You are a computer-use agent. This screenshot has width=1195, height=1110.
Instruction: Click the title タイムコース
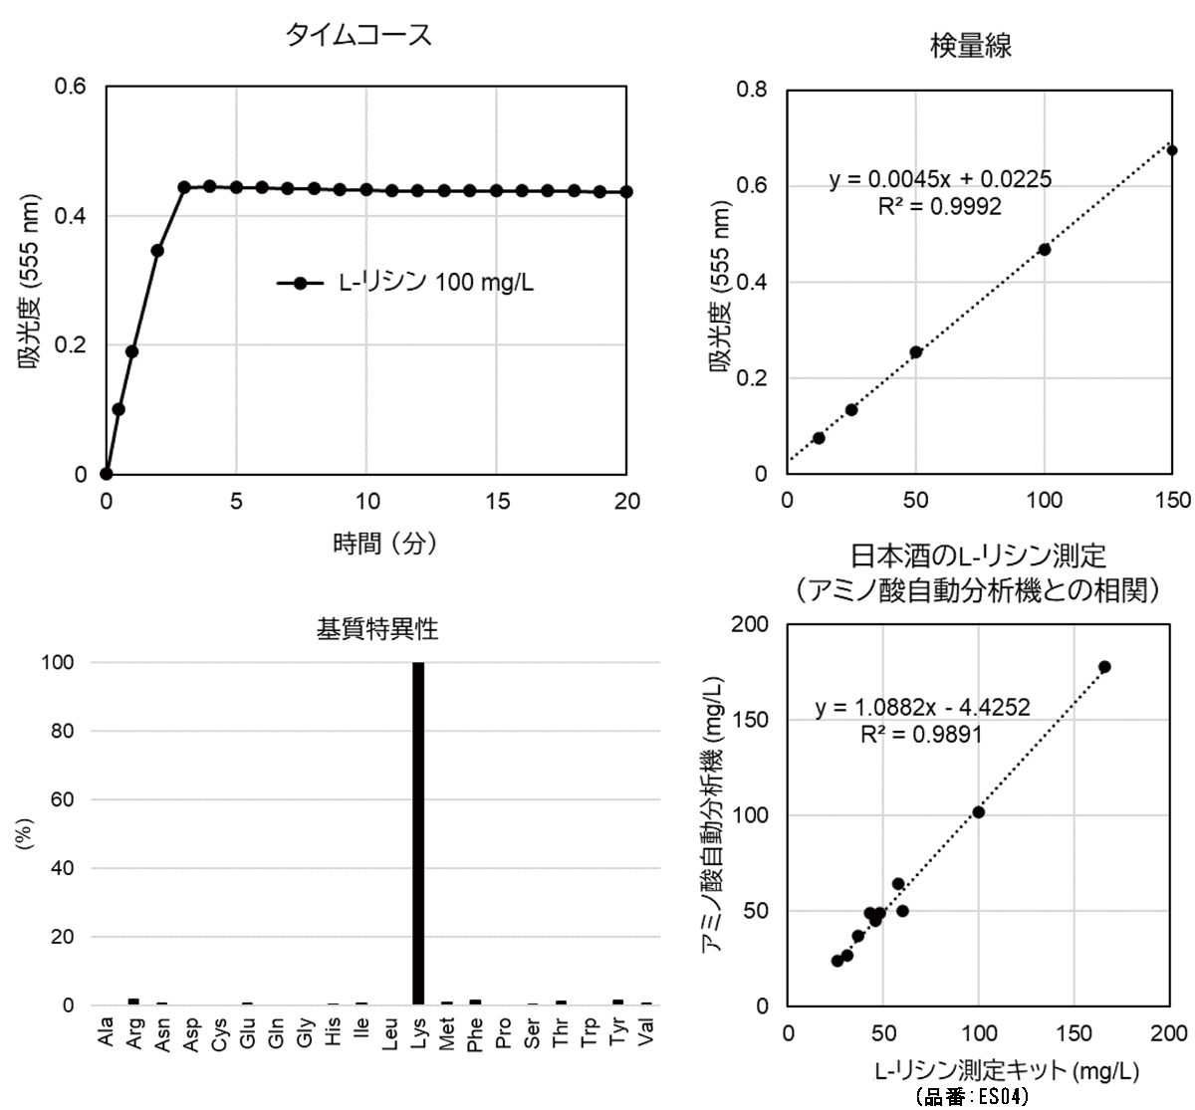click(x=358, y=36)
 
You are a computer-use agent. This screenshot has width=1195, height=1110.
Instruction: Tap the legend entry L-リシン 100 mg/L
click(x=405, y=283)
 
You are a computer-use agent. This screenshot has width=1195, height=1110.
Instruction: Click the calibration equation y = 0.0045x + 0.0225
click(x=940, y=180)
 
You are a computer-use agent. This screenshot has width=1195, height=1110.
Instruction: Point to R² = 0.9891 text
click(x=921, y=735)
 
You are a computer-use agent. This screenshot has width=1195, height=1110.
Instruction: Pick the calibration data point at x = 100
click(x=1045, y=249)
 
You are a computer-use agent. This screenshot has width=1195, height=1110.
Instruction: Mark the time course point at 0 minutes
click(x=107, y=474)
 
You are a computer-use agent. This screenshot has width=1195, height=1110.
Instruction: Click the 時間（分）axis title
click(x=384, y=544)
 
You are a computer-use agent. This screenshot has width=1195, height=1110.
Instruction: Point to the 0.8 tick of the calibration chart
click(x=752, y=90)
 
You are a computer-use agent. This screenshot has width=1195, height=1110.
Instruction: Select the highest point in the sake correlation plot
click(x=1104, y=667)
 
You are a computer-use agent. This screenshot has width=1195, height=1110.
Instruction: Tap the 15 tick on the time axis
click(x=497, y=502)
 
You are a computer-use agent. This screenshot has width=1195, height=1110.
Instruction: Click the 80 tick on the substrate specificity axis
click(x=62, y=732)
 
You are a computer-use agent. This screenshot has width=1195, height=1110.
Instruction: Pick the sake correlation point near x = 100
click(x=979, y=812)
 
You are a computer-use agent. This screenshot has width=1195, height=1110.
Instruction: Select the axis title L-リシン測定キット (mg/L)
click(x=1006, y=1071)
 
